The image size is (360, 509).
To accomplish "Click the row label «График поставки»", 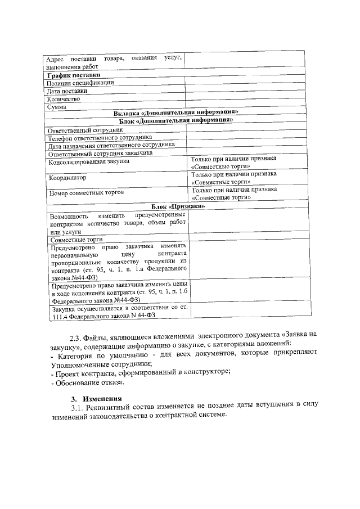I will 74,74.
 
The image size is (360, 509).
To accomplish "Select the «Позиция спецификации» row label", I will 80,82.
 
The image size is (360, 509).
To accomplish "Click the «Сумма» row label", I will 57,106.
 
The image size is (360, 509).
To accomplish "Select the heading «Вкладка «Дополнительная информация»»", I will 176,112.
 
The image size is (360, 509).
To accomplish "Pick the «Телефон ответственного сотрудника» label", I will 100,137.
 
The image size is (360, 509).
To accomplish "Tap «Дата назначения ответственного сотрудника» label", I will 111,145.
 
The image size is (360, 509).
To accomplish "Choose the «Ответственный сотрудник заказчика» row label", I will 100,153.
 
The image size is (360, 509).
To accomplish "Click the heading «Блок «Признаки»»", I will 176,206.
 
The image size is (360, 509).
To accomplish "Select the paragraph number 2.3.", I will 75,338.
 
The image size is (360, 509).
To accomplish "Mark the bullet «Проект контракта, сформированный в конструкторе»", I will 141,372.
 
